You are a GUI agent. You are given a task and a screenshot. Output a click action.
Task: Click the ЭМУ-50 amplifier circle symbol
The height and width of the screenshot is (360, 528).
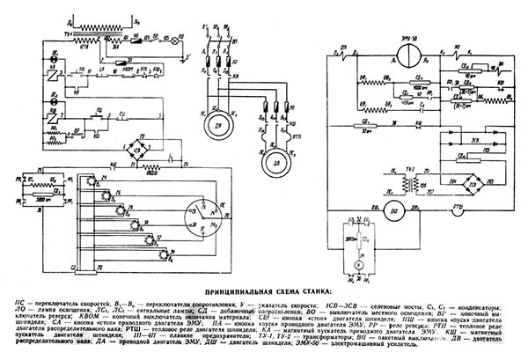tap(406, 55)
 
